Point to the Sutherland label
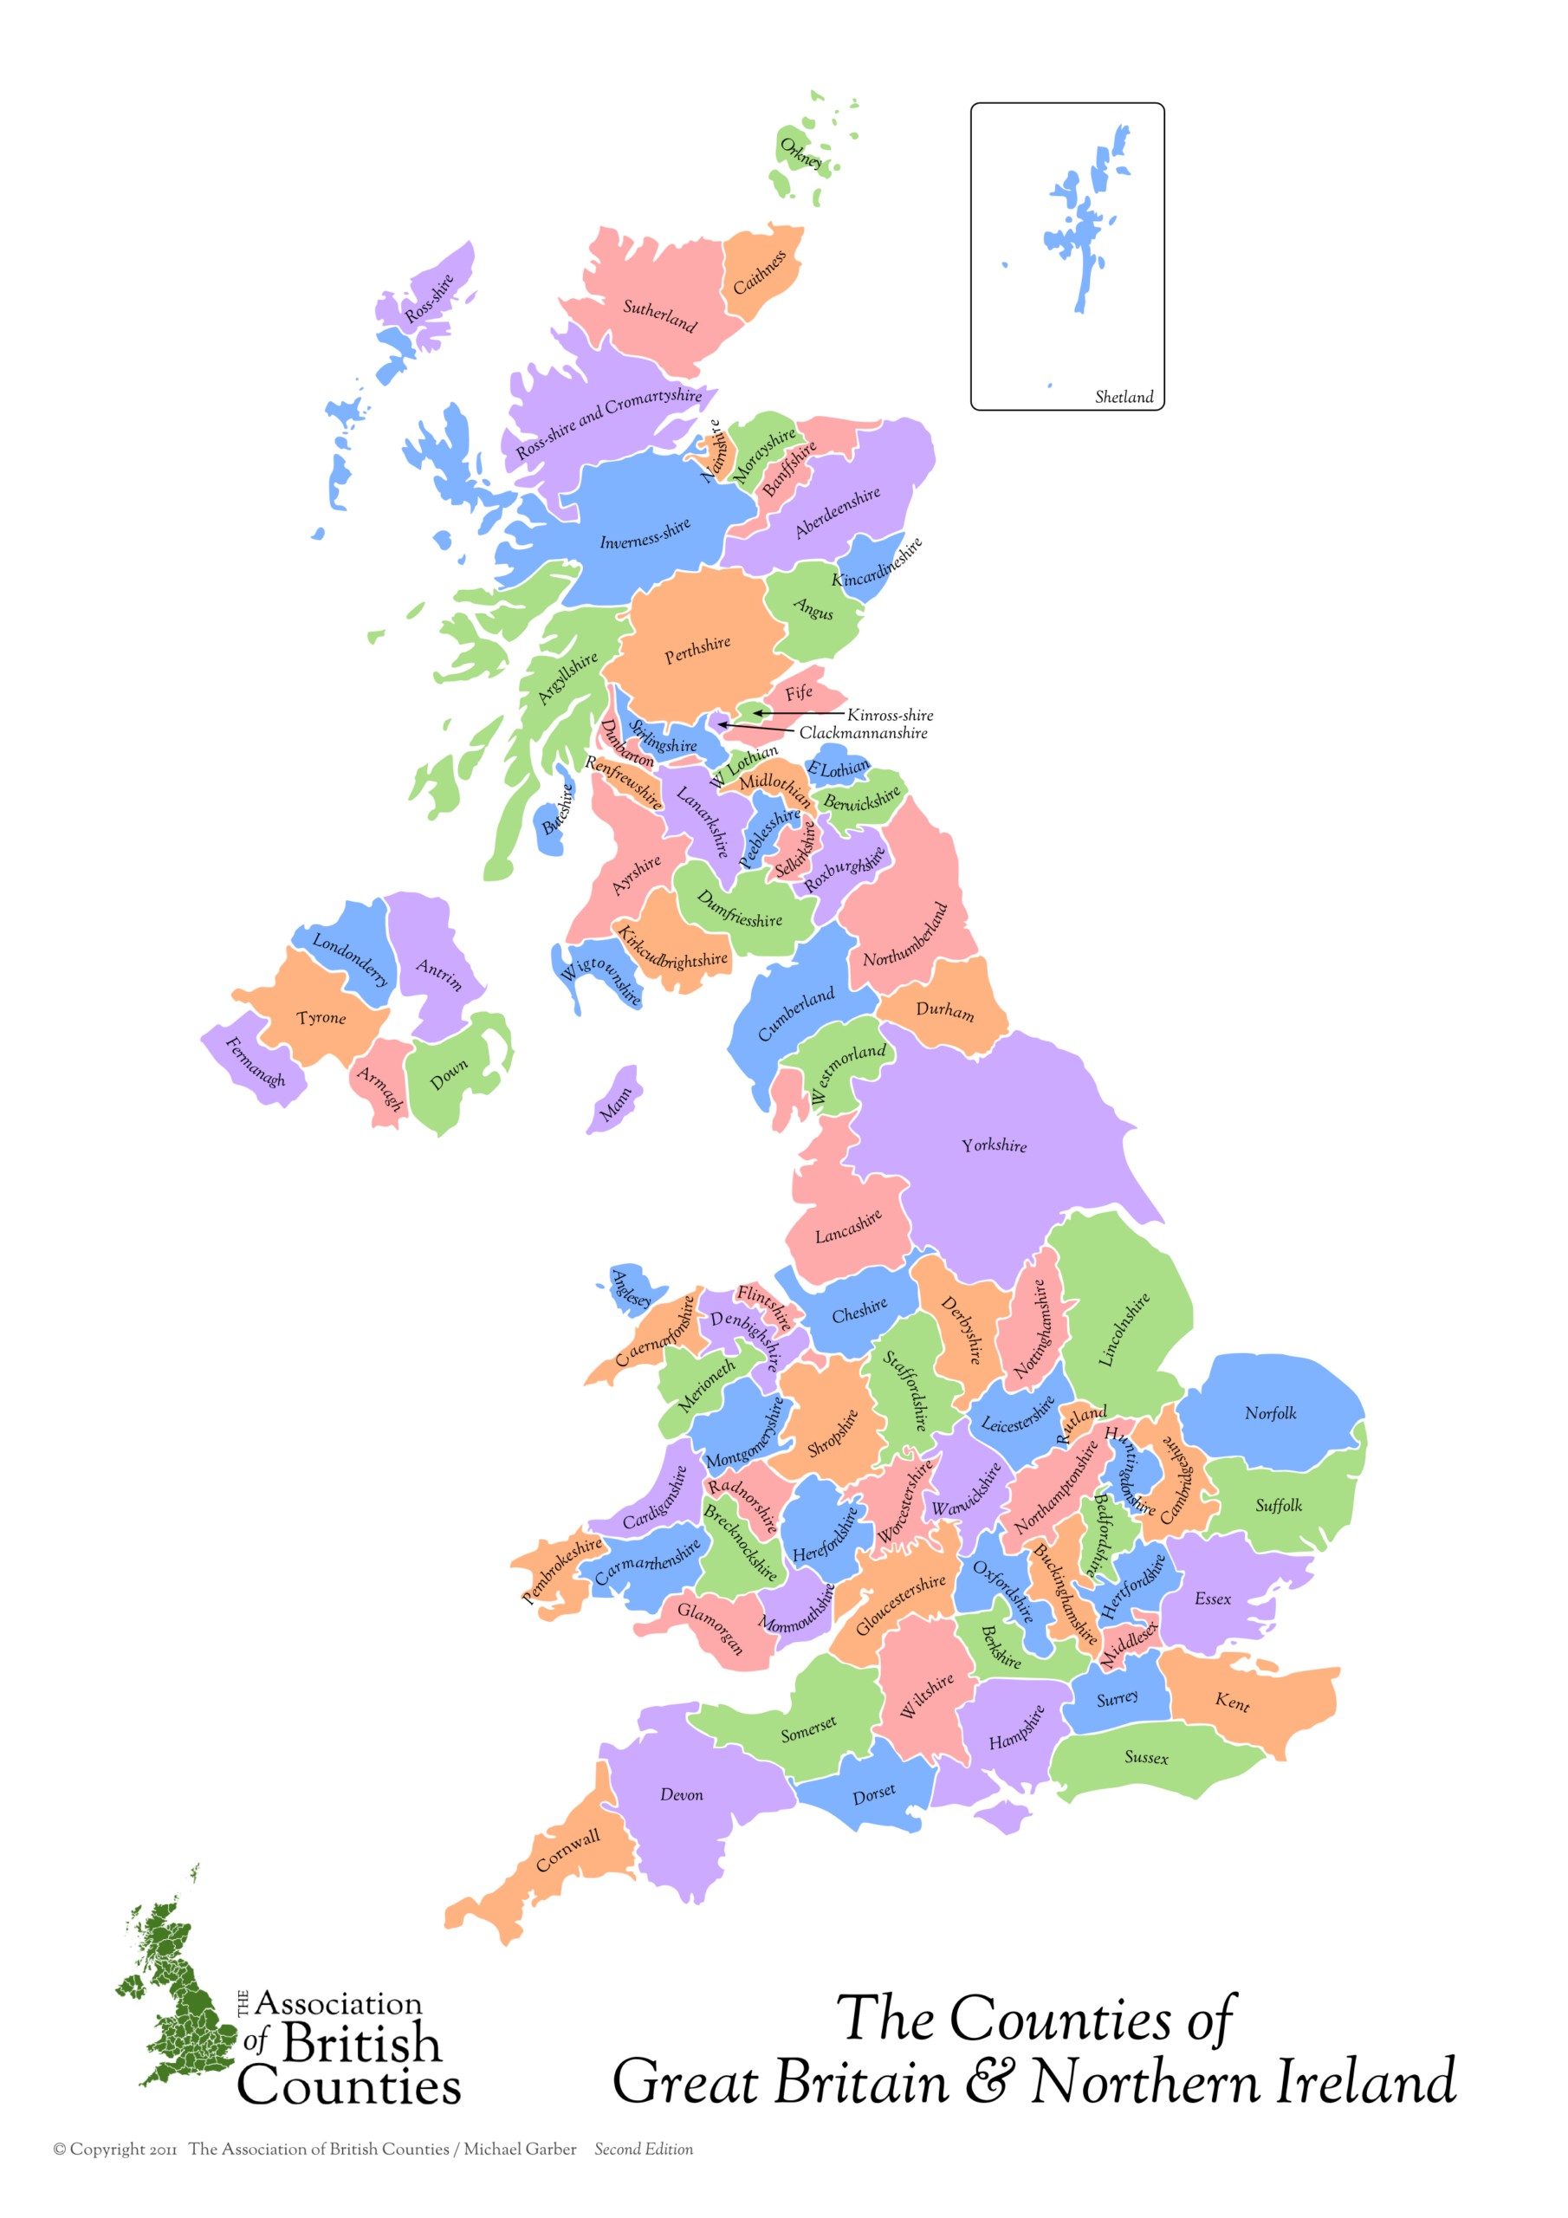pyautogui.click(x=659, y=315)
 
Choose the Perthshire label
pyautogui.click(x=697, y=650)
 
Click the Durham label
pyautogui.click(x=944, y=1010)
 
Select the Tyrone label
pyautogui.click(x=321, y=1018)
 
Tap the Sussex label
pyautogui.click(x=1146, y=1757)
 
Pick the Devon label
pyautogui.click(x=681, y=1795)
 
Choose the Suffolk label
pyautogui.click(x=1278, y=1505)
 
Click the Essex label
pyautogui.click(x=1213, y=1599)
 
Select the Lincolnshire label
pyautogui.click(x=1124, y=1329)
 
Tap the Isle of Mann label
pyautogui.click(x=615, y=1103)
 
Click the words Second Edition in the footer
pyautogui.click(x=644, y=2149)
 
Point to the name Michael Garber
pyautogui.click(x=520, y=2149)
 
